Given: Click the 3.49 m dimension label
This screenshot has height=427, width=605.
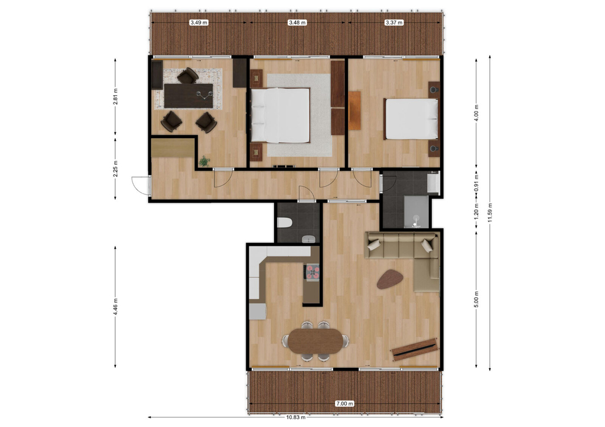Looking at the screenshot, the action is tap(199, 22).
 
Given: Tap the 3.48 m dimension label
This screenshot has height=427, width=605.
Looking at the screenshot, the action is tap(297, 22).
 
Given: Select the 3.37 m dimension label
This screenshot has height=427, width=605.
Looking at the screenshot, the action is tap(394, 22).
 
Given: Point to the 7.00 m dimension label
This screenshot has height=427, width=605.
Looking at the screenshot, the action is tap(344, 403).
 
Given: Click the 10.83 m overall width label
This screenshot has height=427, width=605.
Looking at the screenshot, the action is tap(296, 417).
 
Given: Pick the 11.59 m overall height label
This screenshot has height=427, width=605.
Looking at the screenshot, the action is tap(490, 213).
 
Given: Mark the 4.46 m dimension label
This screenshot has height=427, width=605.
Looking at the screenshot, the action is tap(115, 307).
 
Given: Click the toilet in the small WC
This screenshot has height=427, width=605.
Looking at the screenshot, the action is tap(284, 223).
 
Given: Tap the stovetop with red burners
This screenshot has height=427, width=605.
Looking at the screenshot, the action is tap(312, 272).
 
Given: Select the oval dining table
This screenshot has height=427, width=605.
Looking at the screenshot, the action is tap(315, 341).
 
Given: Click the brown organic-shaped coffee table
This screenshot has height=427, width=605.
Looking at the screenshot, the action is tap(390, 279).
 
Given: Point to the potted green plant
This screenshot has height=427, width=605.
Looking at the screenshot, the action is tap(204, 161).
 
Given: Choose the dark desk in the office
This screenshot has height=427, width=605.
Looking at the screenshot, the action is tap(188, 96).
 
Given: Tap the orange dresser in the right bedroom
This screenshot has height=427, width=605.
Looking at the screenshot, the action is tap(354, 110).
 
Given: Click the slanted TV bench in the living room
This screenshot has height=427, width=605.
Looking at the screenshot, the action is tap(414, 348).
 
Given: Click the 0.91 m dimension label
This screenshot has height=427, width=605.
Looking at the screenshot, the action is tap(477, 184).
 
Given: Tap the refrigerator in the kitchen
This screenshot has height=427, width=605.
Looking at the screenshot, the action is tap(258, 311).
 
